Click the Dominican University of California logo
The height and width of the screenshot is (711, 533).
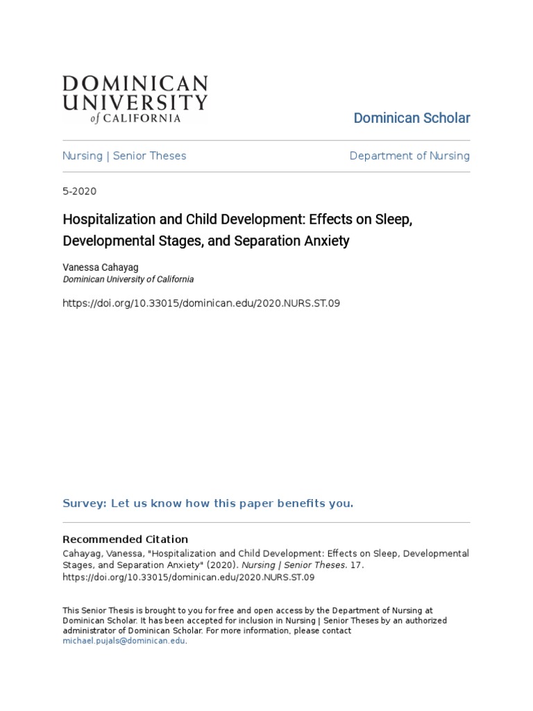[x=135, y=99]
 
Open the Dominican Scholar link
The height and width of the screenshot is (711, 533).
[x=412, y=118]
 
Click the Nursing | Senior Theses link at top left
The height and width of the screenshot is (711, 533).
[x=124, y=156]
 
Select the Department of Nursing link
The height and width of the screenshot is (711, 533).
[x=409, y=156]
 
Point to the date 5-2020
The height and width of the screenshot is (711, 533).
[x=80, y=191]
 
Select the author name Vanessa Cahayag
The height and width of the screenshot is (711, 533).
[x=105, y=267]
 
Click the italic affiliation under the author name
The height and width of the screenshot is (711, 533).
[x=128, y=279]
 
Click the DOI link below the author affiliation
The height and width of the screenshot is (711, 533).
[x=201, y=303]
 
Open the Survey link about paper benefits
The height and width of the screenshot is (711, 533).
[x=208, y=503]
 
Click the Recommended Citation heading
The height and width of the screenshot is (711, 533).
[x=126, y=539]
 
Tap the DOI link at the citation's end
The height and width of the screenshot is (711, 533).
[x=189, y=576]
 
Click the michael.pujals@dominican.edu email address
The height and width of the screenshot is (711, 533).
[x=124, y=641]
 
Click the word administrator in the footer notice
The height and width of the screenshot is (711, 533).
[x=90, y=630]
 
